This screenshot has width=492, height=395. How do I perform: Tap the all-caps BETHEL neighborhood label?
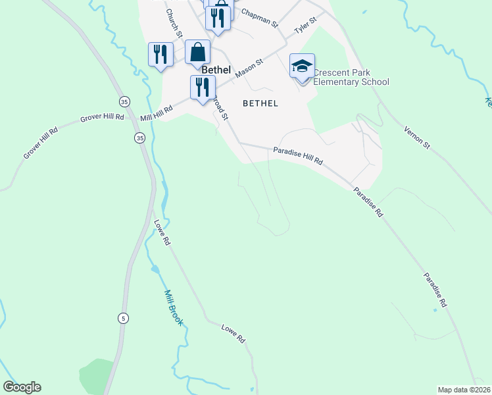click(260, 103)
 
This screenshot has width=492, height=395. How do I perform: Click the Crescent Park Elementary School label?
click(351, 78)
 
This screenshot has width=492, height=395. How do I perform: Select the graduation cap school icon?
click(302, 66)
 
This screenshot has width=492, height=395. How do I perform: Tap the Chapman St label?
click(260, 17)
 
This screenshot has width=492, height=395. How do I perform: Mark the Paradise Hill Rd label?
click(298, 156)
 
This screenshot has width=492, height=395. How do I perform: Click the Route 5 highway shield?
click(123, 319)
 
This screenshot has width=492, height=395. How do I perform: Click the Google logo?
click(22, 387)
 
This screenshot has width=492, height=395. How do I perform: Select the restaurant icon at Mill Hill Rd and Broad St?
click(202, 87)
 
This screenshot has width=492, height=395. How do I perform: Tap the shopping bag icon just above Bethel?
click(197, 51)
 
